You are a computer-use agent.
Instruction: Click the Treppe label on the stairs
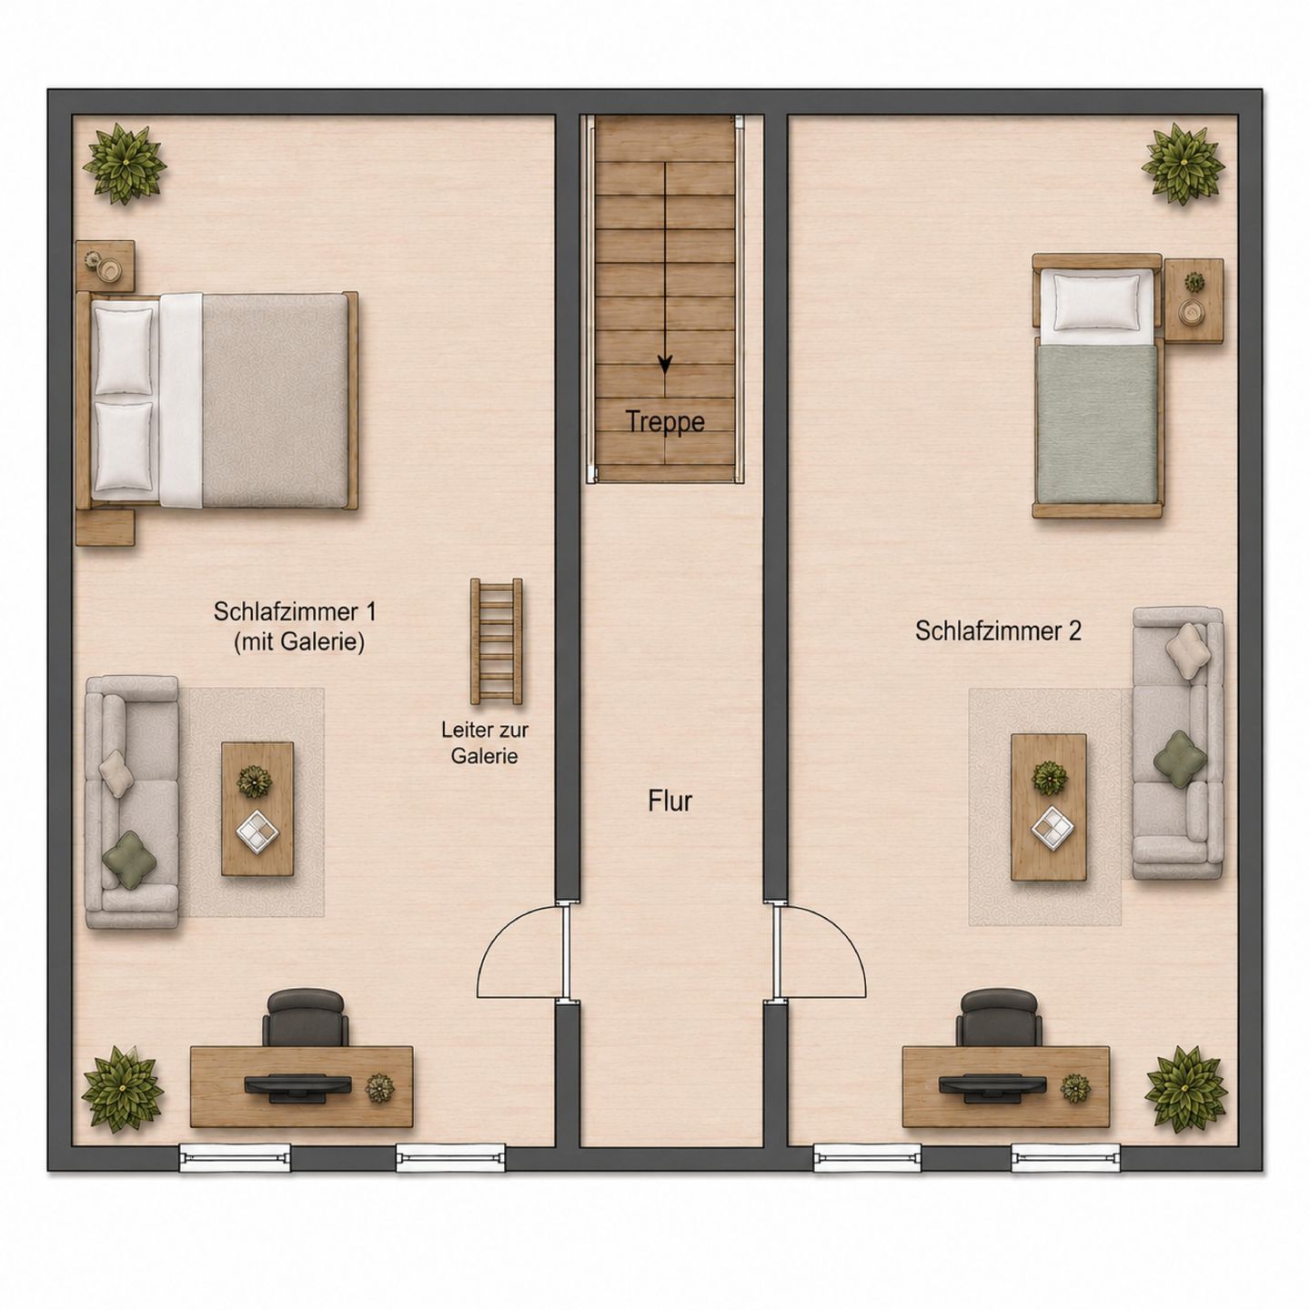tap(664, 421)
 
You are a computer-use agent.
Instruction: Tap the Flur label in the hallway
tap(670, 801)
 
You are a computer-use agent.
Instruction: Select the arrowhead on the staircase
tap(664, 365)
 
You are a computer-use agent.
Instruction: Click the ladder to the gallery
tap(497, 641)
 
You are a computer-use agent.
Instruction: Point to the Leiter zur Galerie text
tap(484, 743)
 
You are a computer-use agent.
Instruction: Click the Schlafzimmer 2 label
tap(998, 630)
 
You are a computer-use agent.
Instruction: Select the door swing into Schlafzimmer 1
tap(520, 951)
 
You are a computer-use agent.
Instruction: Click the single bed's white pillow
tap(1096, 300)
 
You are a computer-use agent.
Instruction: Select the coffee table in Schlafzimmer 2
tap(1048, 807)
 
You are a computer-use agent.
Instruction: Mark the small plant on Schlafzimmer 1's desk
tap(379, 1088)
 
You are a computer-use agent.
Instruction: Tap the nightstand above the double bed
tap(106, 266)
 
